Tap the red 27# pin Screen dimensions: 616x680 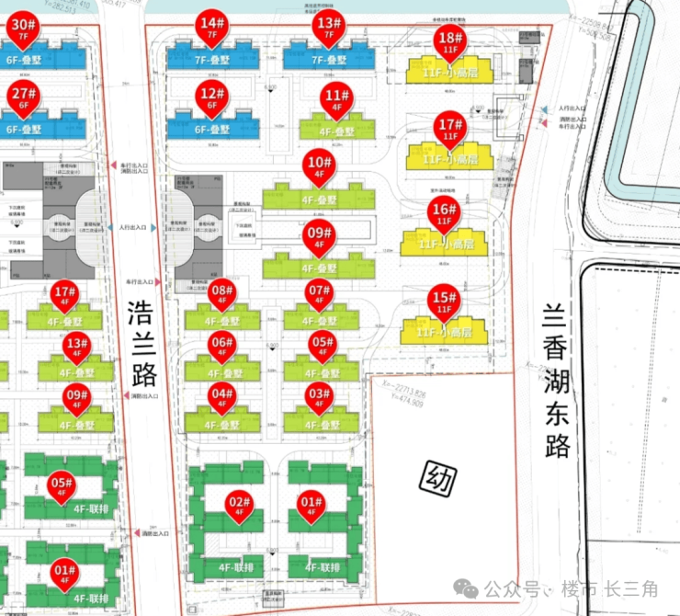(25, 97)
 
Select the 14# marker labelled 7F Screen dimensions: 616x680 (213, 28)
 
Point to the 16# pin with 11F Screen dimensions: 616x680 (444, 215)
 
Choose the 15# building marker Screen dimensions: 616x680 (444, 302)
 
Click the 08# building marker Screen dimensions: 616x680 (221, 297)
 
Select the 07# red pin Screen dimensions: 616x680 (320, 297)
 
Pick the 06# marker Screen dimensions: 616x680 (221, 348)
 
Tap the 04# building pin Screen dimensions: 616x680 (221, 400)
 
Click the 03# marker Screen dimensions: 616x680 (319, 400)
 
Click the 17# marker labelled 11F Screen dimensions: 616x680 (450, 129)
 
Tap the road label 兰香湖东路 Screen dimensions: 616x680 (558, 381)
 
